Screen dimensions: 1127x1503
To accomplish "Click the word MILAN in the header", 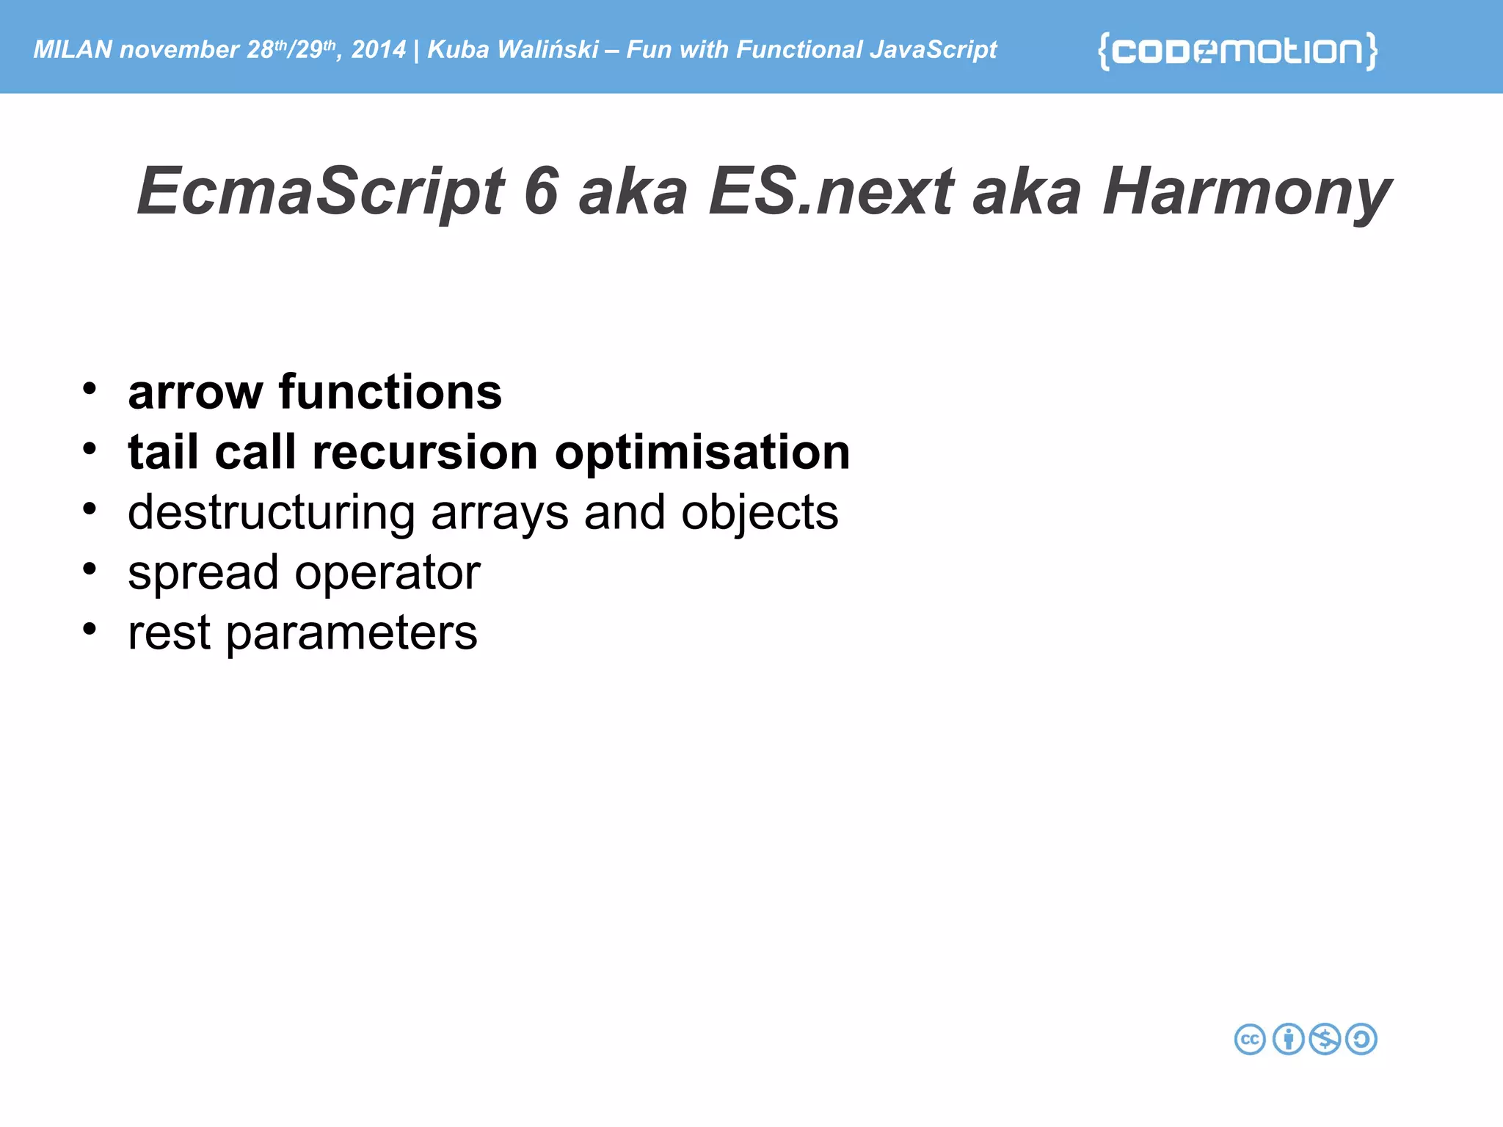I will click(x=73, y=50).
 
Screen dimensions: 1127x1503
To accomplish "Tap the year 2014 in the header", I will click(x=378, y=50).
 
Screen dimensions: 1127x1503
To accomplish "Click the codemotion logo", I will click(x=1237, y=51).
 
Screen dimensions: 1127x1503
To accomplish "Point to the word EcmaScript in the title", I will click(x=321, y=192).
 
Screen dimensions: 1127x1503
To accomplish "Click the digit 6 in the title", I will click(x=542, y=192).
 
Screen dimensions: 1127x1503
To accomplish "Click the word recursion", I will click(x=425, y=452).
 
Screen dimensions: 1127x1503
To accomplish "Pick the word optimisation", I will click(x=702, y=453).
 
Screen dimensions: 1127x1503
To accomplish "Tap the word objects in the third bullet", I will click(x=759, y=514).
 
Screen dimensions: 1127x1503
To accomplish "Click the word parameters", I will click(x=351, y=634).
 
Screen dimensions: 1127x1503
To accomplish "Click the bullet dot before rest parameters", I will click(x=90, y=629).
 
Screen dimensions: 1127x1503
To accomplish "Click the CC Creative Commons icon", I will click(x=1250, y=1040).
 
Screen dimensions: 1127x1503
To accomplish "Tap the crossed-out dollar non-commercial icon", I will click(x=1325, y=1040).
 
